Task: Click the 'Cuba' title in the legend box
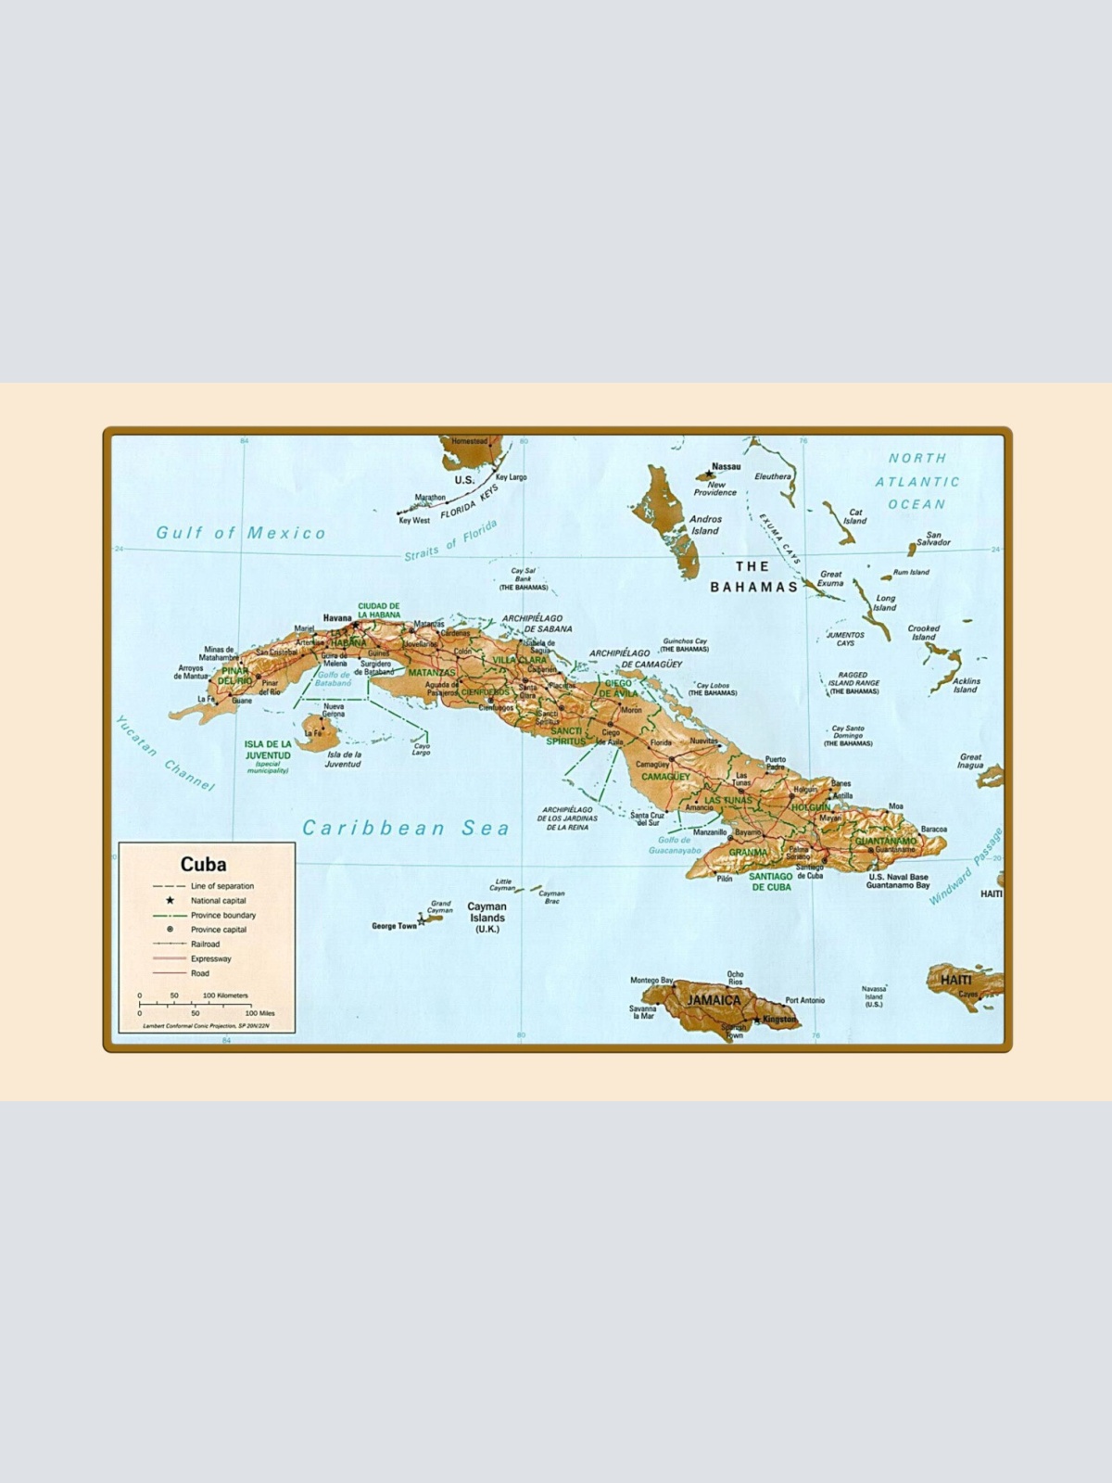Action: pos(203,864)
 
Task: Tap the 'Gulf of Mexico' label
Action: pos(241,533)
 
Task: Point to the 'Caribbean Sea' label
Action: pos(406,828)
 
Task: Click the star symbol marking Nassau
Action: pos(711,475)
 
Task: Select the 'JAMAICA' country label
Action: pos(714,1000)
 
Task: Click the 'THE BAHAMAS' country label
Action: pos(753,577)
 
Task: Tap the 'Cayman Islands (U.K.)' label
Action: pos(486,918)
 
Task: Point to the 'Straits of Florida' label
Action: pos(450,540)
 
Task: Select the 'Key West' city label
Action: pos(414,520)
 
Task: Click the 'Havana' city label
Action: pos(337,617)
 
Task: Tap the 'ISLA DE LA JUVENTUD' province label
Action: pos(268,750)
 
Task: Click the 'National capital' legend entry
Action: pos(219,900)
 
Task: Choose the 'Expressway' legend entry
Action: pos(211,958)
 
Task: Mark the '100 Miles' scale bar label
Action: pos(259,1013)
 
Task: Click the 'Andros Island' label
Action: pos(705,525)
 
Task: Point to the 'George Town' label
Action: pos(394,926)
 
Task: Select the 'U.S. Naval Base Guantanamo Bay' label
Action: pos(898,881)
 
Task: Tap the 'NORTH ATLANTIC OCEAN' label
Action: pos(917,481)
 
